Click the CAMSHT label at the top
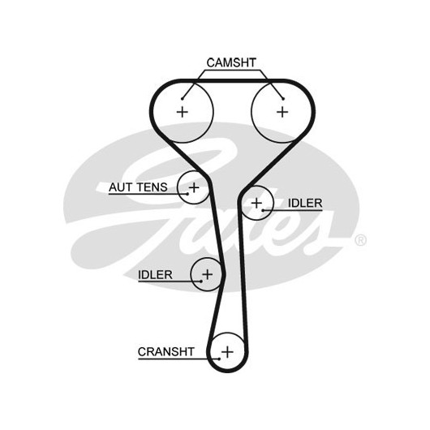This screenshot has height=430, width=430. tap(231, 62)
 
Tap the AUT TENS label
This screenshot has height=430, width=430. tap(138, 187)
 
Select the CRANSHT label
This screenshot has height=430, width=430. tap(166, 351)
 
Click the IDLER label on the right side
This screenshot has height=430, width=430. tap(305, 203)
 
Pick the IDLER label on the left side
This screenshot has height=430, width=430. tap(155, 274)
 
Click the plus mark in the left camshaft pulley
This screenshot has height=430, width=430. tap(183, 112)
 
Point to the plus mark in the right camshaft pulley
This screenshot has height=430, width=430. tap(282, 112)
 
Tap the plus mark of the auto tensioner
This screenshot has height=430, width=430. tap(194, 187)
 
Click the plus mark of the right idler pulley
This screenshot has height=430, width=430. tap(256, 203)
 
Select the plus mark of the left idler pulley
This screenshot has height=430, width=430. tap(208, 274)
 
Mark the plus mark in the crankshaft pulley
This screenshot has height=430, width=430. tap(227, 351)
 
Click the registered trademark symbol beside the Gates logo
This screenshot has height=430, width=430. tap(360, 240)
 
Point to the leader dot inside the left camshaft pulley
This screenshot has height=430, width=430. tap(182, 99)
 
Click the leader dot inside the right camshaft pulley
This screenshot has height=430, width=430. tap(283, 99)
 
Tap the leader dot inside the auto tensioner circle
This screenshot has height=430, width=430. tap(188, 194)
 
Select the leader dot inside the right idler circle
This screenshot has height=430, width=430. tap(263, 210)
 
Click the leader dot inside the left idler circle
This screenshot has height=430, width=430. tap(201, 281)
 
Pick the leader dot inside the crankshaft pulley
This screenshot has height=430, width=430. tap(219, 359)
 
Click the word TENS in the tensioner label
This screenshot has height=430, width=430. tap(152, 187)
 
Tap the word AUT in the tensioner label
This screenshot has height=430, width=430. tap(120, 187)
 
